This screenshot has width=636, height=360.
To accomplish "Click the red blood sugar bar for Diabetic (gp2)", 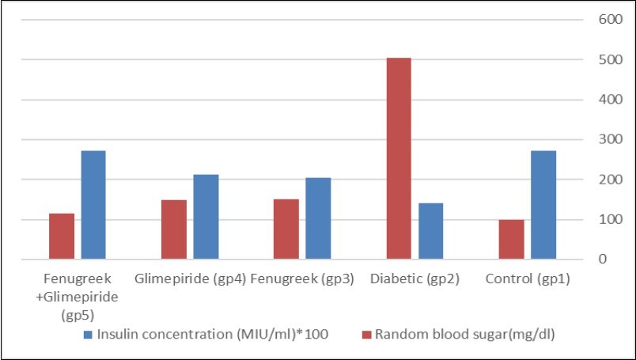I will pyautogui.click(x=398, y=158).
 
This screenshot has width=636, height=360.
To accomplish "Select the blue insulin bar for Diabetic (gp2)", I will pyautogui.click(x=430, y=230).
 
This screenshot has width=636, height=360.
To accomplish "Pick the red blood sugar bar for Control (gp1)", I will pyautogui.click(x=511, y=239).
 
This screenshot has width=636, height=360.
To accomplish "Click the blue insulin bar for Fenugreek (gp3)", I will pyautogui.click(x=318, y=218).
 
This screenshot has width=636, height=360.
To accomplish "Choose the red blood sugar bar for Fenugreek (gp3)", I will pyautogui.click(x=286, y=229).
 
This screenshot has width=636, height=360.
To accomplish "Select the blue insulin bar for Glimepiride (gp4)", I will pyautogui.click(x=206, y=216).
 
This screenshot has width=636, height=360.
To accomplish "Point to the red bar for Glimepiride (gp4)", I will pyautogui.click(x=173, y=229).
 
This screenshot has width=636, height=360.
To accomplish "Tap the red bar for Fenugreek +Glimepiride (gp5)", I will pyautogui.click(x=61, y=236).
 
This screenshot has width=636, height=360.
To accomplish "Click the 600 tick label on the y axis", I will pyautogui.click(x=598, y=20).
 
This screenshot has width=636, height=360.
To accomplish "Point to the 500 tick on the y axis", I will pyautogui.click(x=598, y=60).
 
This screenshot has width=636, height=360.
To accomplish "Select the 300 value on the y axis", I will pyautogui.click(x=598, y=140).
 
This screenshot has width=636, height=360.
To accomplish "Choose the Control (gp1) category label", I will pyautogui.click(x=528, y=279).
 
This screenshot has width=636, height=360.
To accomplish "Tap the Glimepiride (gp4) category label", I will pyautogui.click(x=191, y=279).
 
